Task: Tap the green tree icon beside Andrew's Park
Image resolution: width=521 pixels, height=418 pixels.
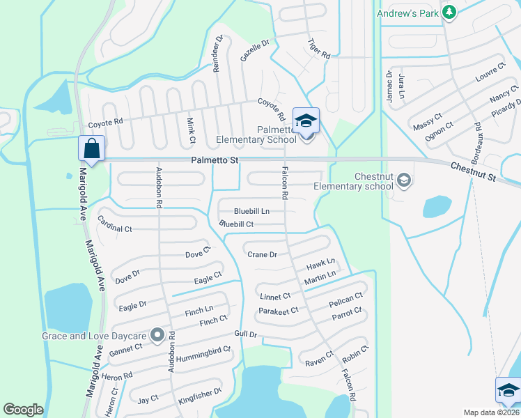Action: point(450,13)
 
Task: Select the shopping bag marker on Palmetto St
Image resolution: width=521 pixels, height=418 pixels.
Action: point(91,148)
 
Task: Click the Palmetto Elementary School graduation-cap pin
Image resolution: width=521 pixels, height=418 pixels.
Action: point(306,121)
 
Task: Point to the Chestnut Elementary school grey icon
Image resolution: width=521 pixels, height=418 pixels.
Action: point(403,181)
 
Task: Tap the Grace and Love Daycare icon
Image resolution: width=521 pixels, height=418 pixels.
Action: point(157,335)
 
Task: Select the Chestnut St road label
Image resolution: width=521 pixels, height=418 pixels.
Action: point(473,173)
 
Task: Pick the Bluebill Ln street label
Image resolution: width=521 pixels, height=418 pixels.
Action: point(251,211)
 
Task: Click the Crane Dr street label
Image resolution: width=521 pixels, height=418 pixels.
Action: point(263,254)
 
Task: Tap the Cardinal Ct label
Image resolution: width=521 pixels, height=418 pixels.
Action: point(115,228)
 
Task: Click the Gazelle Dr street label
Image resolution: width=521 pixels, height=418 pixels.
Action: point(254,50)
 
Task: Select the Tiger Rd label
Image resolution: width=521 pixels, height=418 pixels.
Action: point(318,48)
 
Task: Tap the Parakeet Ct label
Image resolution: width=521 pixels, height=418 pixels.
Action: point(279,310)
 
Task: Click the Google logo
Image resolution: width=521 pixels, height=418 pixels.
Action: point(23,409)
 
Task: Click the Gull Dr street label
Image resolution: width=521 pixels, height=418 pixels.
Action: point(246,334)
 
